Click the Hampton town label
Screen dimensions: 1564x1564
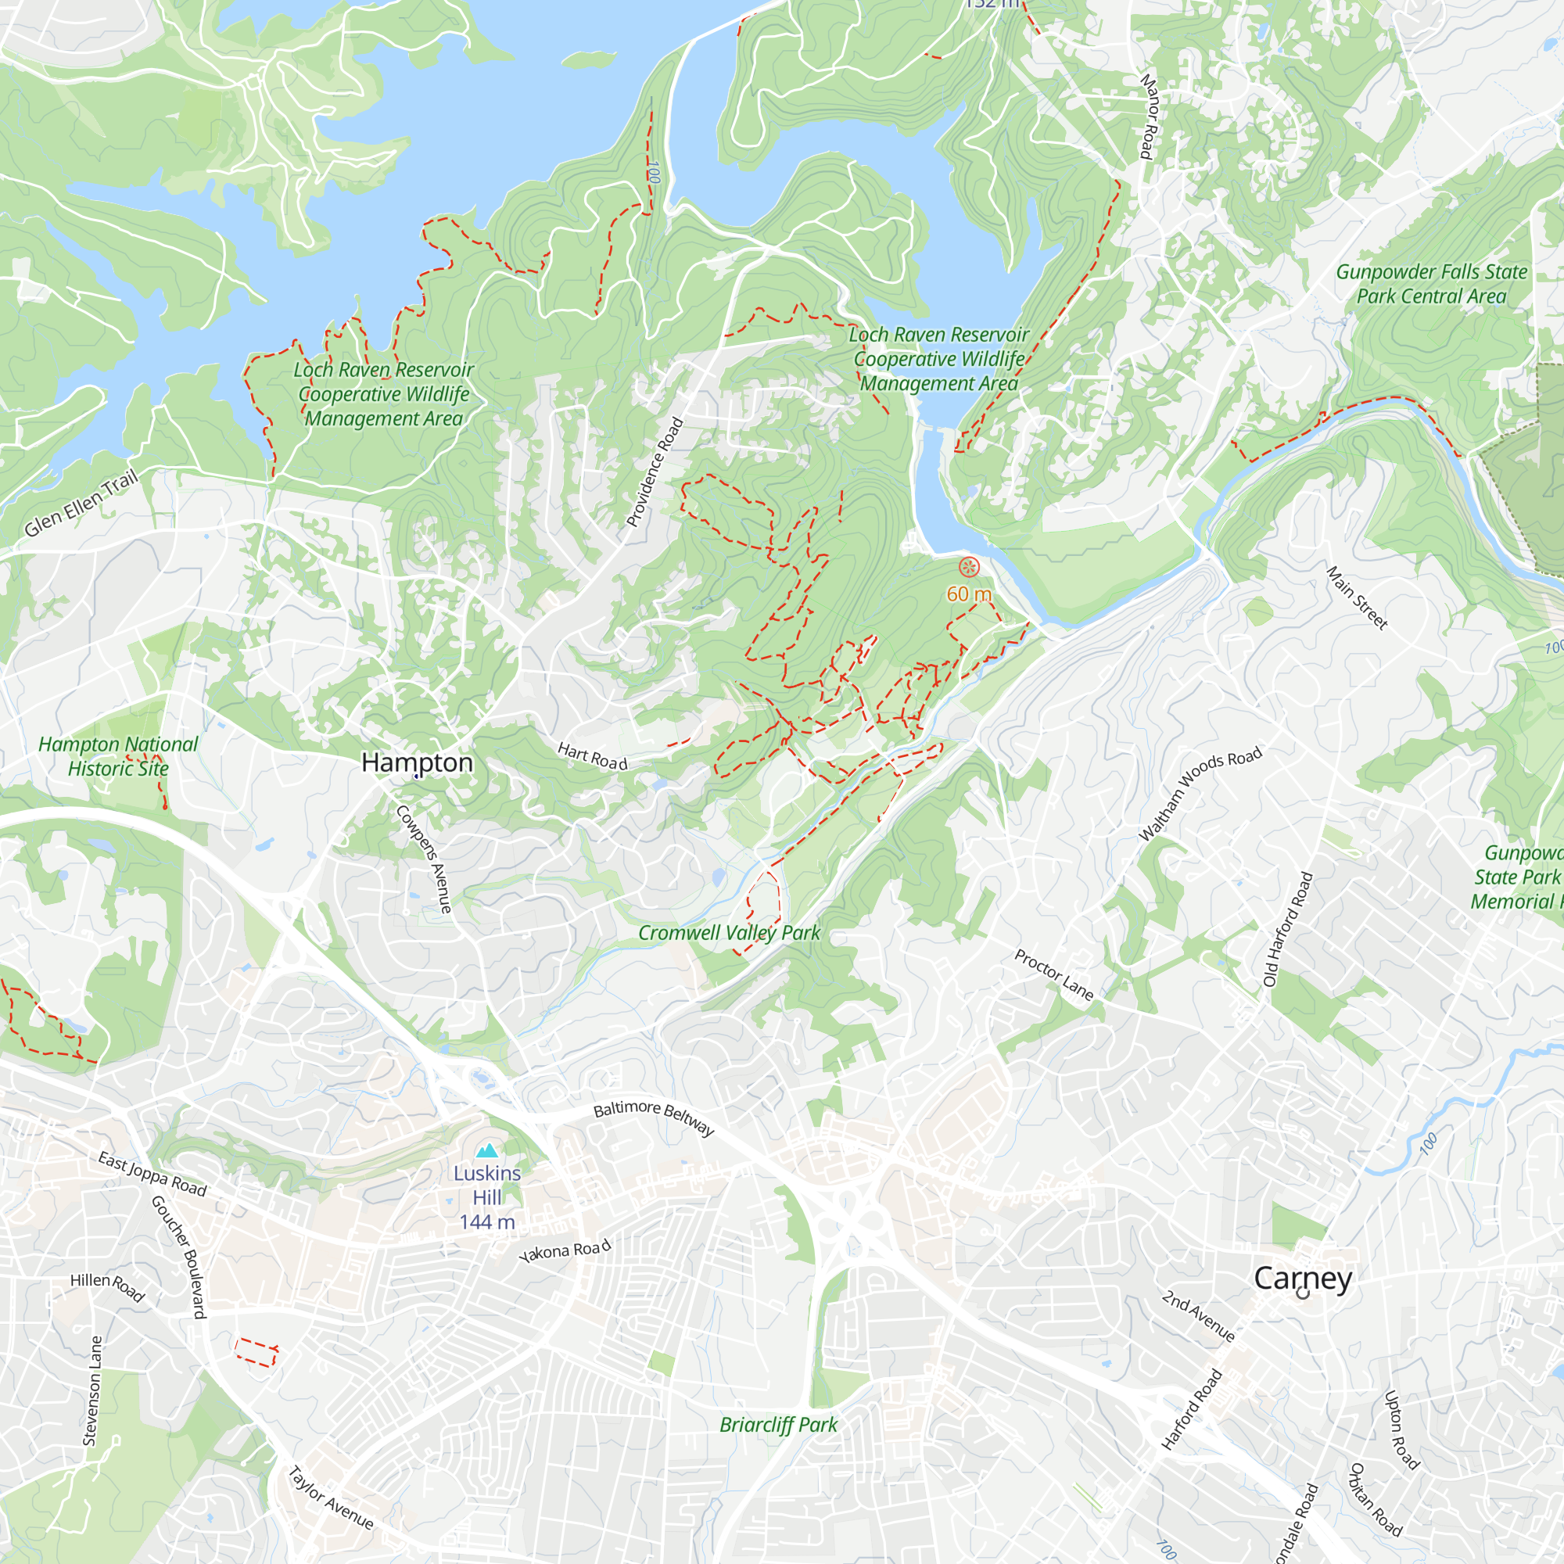pos(417,762)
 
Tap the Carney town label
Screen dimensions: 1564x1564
pos(1303,1279)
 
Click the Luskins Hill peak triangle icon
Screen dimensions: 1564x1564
pos(486,1151)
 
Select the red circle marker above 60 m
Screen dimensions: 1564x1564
pos(969,568)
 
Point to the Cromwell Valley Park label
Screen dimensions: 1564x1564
pos(730,934)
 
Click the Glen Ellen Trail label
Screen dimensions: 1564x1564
pos(81,504)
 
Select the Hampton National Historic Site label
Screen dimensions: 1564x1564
pos(118,756)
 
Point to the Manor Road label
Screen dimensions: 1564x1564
pos(1149,116)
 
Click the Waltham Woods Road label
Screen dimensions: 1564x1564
pos(1200,793)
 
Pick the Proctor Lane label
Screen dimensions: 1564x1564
pos(1054,974)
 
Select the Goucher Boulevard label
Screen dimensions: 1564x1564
pos(179,1257)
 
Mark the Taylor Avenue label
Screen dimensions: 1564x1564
pos(330,1498)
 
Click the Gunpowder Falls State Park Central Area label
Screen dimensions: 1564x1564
pos(1430,284)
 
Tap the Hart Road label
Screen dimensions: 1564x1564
pos(593,756)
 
